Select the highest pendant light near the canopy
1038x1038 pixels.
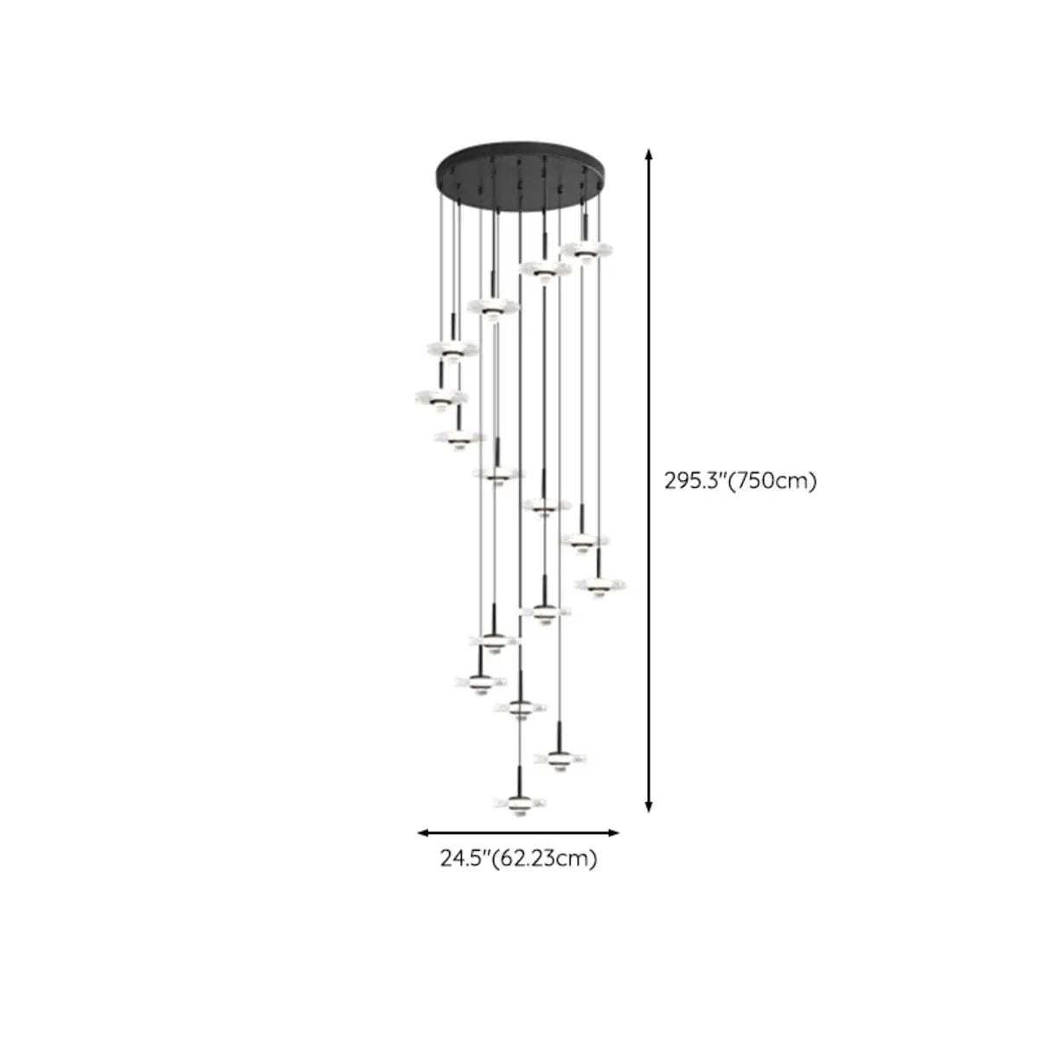(586, 250)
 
